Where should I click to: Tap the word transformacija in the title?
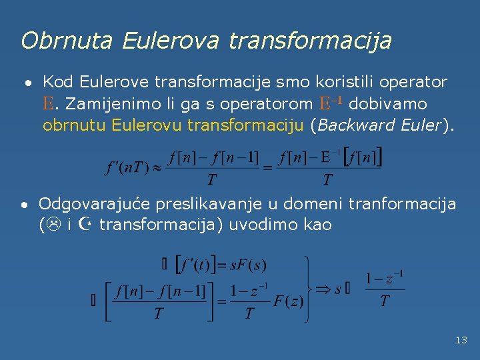[310, 41]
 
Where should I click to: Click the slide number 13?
[461, 340]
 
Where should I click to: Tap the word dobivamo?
[388, 104]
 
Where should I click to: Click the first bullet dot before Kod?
[27, 84]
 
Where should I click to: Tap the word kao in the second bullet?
[317, 224]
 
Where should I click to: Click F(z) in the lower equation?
[288, 301]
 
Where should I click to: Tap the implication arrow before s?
[324, 289]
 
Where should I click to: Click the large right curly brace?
[309, 289]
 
